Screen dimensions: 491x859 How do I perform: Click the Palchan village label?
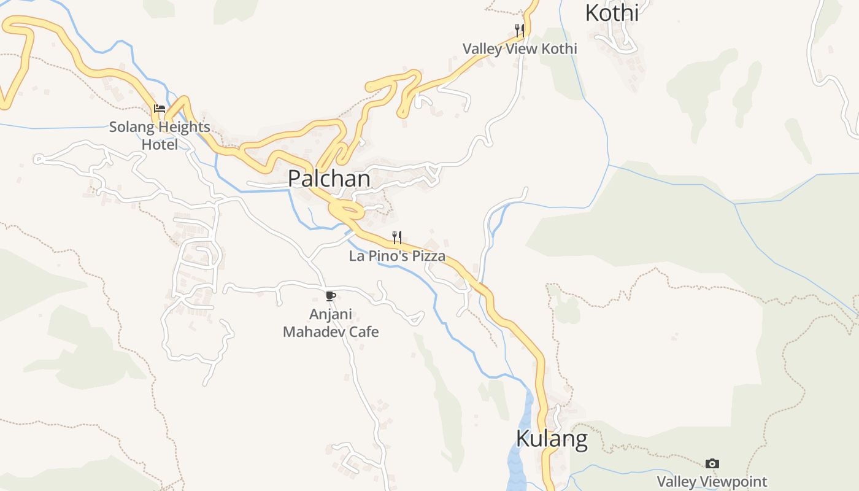click(x=329, y=179)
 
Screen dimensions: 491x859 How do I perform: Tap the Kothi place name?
click(x=612, y=12)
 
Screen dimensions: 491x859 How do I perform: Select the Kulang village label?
click(x=552, y=439)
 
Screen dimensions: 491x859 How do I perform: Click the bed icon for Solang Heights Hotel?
click(x=160, y=109)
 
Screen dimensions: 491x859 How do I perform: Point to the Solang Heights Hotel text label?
click(x=160, y=136)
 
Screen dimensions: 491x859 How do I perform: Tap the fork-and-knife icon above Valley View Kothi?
click(x=520, y=30)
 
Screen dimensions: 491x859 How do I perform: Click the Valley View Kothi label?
click(x=520, y=48)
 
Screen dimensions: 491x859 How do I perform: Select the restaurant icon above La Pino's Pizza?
click(x=397, y=237)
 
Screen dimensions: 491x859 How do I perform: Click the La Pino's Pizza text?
click(x=397, y=256)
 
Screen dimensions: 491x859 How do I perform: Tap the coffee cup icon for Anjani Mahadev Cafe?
click(x=331, y=296)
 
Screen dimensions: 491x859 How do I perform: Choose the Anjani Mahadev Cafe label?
click(x=331, y=323)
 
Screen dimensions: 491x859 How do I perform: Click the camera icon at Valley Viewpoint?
click(x=712, y=463)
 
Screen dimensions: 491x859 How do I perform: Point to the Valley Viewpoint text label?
click(x=712, y=482)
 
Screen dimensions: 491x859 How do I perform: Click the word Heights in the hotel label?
click(x=182, y=127)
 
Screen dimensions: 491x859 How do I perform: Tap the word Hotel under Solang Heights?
click(x=160, y=145)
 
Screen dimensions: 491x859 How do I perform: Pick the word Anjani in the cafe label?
click(x=331, y=314)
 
